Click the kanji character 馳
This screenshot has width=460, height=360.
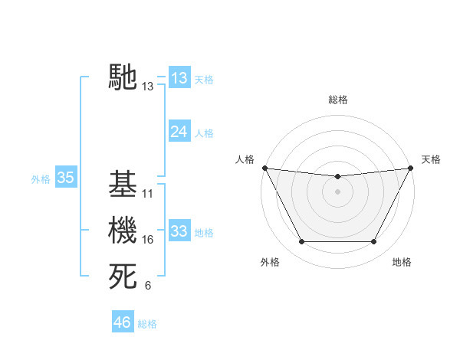(x=123, y=77)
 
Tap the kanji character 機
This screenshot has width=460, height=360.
(x=123, y=231)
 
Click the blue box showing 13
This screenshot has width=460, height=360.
(x=179, y=77)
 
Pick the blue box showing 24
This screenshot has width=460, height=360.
(x=179, y=131)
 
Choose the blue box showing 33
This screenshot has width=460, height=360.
(x=179, y=231)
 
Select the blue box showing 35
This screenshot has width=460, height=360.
(x=65, y=178)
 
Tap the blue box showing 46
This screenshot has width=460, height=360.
(x=123, y=322)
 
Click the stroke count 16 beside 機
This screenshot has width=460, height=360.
(x=148, y=241)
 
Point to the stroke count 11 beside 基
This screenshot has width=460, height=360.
(x=148, y=194)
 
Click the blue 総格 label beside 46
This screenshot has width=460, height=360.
(x=147, y=324)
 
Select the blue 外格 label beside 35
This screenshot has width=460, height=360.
(x=41, y=180)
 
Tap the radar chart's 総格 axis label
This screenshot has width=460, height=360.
(x=337, y=100)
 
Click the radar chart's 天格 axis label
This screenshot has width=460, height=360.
(x=432, y=159)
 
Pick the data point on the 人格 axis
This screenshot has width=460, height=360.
(x=264, y=168)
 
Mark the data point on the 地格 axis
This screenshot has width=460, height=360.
(x=374, y=242)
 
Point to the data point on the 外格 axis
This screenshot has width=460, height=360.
(x=301, y=242)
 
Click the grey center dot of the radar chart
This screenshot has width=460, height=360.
(x=337, y=191)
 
